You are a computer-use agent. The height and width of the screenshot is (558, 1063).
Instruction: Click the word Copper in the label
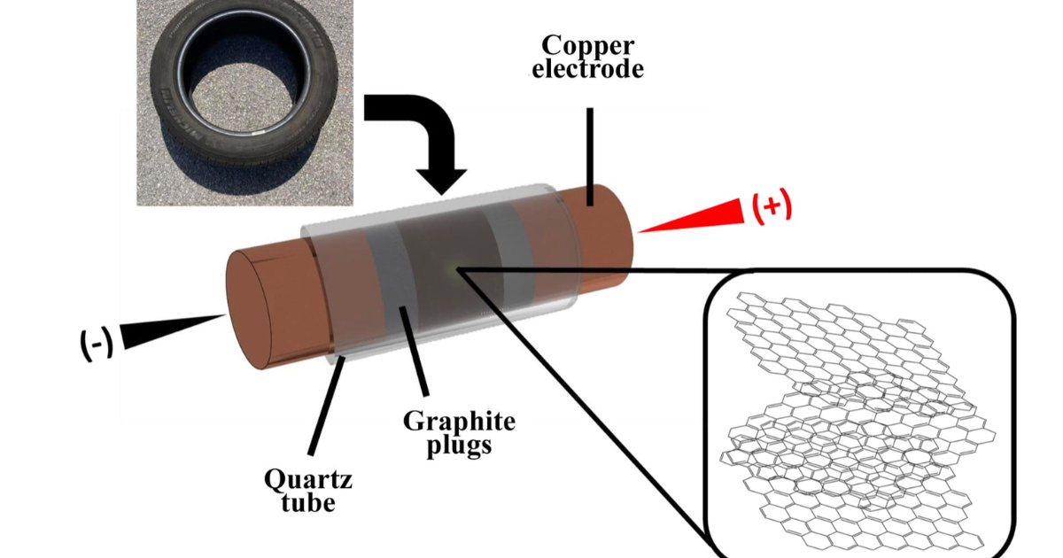[589, 44]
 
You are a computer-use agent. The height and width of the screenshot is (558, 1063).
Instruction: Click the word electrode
[588, 69]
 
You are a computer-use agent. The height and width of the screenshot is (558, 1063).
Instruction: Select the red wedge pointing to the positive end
[700, 218]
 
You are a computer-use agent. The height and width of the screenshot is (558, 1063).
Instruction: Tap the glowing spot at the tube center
[454, 266]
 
